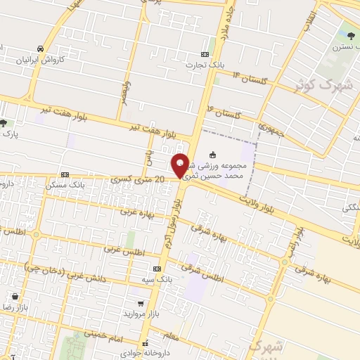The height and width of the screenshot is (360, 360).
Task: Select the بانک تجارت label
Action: [x=204, y=65]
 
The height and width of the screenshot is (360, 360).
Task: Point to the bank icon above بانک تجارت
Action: [x=205, y=53]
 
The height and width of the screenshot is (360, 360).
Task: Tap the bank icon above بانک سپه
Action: [x=155, y=269]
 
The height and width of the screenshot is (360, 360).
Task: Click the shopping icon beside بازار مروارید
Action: [x=141, y=304]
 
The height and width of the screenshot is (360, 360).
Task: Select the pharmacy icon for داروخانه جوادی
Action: [x=146, y=344]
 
